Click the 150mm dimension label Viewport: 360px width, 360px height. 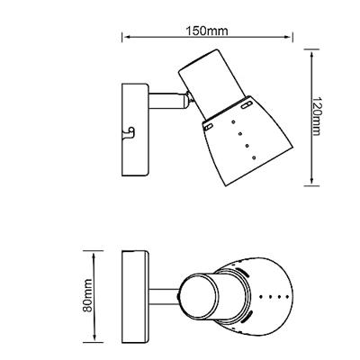point(207,31)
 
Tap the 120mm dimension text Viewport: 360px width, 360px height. point(318,116)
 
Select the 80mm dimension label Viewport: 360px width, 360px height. point(87,295)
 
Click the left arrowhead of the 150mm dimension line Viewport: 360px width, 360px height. point(127,37)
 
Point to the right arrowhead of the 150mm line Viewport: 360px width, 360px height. point(288,37)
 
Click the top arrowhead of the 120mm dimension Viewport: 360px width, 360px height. point(312,55)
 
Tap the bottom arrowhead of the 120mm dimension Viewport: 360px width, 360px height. point(312,180)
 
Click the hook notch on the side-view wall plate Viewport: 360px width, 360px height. point(130,132)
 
